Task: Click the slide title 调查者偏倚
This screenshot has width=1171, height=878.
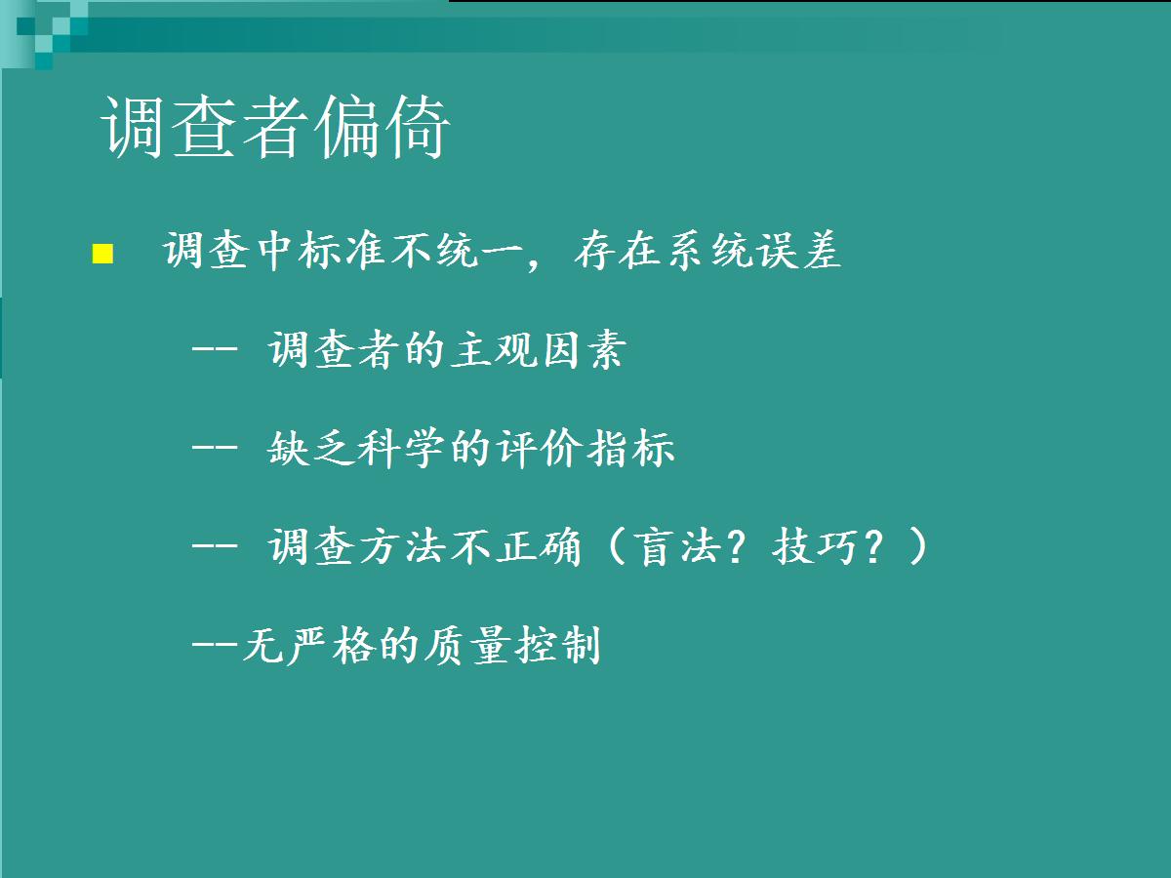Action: click(275, 127)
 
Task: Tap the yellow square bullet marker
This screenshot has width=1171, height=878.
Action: click(102, 254)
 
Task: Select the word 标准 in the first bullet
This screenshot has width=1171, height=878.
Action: click(342, 251)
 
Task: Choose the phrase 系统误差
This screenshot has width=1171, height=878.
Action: click(754, 250)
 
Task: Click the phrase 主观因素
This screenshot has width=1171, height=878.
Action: click(539, 349)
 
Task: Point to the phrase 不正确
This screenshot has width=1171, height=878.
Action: click(516, 546)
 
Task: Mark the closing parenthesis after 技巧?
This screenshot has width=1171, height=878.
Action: click(918, 546)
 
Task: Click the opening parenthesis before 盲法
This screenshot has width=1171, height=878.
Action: click(617, 546)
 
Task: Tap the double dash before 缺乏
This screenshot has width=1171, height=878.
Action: click(215, 448)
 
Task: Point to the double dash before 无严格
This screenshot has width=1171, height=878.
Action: click(215, 645)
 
